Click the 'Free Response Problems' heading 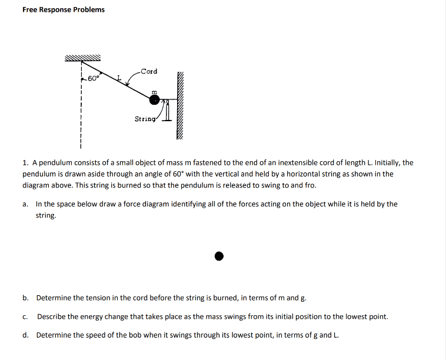(64, 9)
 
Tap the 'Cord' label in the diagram (149, 71)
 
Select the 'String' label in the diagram (145, 118)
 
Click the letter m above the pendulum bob (154, 92)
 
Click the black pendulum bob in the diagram (154, 100)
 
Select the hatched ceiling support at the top (83, 58)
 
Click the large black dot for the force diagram (219, 256)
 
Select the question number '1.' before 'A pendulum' (26, 162)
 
